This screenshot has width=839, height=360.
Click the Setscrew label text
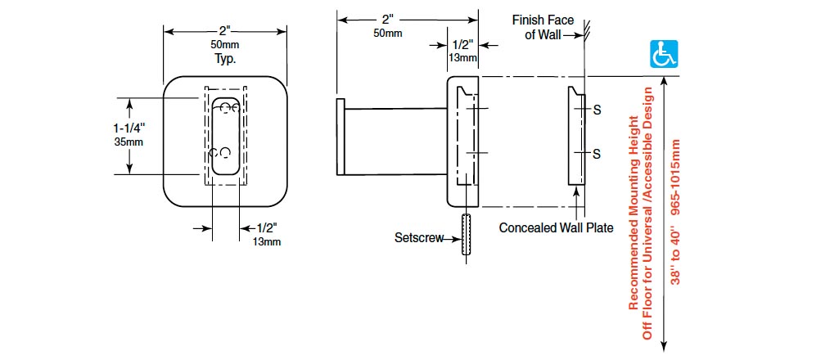pos(418,238)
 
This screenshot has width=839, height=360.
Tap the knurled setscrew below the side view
pos(467,236)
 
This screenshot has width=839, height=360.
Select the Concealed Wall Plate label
pos(556,227)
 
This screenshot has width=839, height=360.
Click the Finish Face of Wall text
pos(543,27)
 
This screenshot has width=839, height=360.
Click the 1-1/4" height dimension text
pos(130,128)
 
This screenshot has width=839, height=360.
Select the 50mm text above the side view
pos(387,33)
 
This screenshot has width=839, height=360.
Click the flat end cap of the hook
pos(337,138)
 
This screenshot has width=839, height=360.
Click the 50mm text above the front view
pos(225,44)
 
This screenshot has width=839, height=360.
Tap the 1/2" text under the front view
pos(267,228)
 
